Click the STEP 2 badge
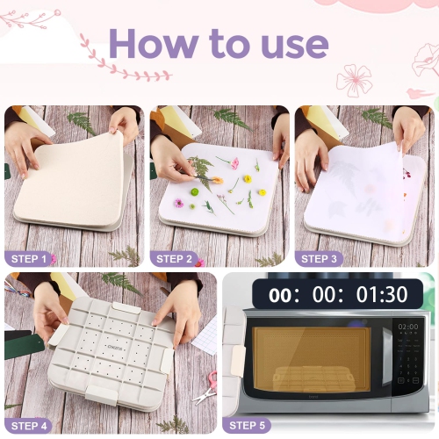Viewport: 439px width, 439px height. [x=176, y=258]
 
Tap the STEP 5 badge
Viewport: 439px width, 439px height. [x=250, y=425]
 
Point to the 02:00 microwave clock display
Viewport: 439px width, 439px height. [x=408, y=327]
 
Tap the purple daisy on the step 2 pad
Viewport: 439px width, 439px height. [x=179, y=203]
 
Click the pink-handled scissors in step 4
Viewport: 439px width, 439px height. [x=211, y=380]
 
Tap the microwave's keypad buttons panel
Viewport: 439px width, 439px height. [x=408, y=369]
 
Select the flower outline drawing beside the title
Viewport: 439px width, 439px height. [x=354, y=80]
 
